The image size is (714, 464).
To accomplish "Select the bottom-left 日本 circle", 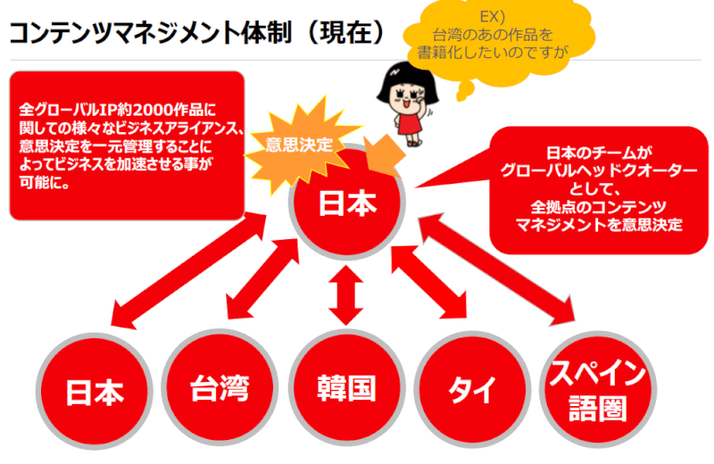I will pyautogui.click(x=94, y=394).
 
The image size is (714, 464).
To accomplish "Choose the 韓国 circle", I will pyautogui.click(x=346, y=388).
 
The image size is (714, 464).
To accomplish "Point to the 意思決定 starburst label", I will pyautogui.click(x=300, y=145).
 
